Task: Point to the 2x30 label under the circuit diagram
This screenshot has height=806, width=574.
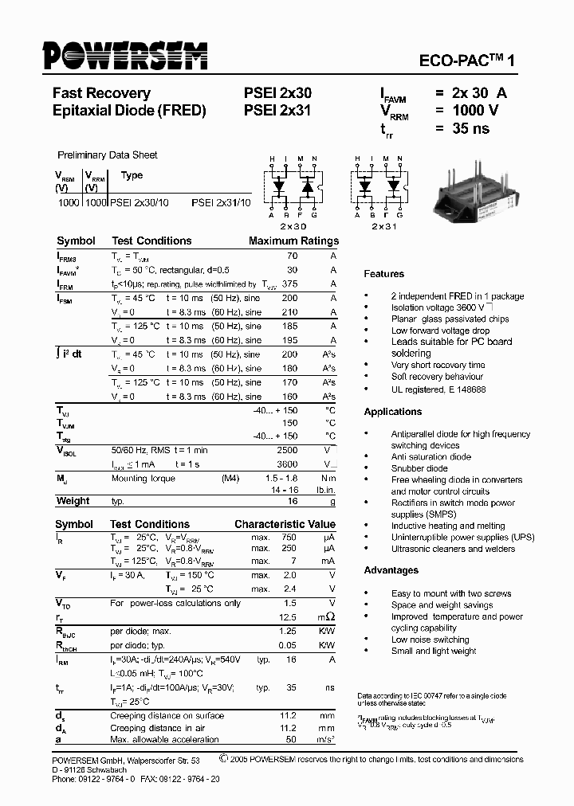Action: (293, 226)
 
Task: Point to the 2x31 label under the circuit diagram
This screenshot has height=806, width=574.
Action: (383, 226)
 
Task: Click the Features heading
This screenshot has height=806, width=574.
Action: (383, 274)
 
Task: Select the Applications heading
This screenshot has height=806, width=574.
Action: (392, 412)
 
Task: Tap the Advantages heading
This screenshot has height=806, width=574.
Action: (391, 570)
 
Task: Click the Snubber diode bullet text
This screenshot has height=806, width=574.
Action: (419, 468)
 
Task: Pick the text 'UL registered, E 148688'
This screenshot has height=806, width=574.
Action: (438, 389)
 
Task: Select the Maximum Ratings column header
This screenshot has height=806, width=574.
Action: (293, 241)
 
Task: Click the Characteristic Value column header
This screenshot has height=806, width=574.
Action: (285, 525)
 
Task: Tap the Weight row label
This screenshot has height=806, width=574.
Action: (73, 501)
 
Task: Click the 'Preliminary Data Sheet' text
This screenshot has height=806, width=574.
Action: (107, 155)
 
